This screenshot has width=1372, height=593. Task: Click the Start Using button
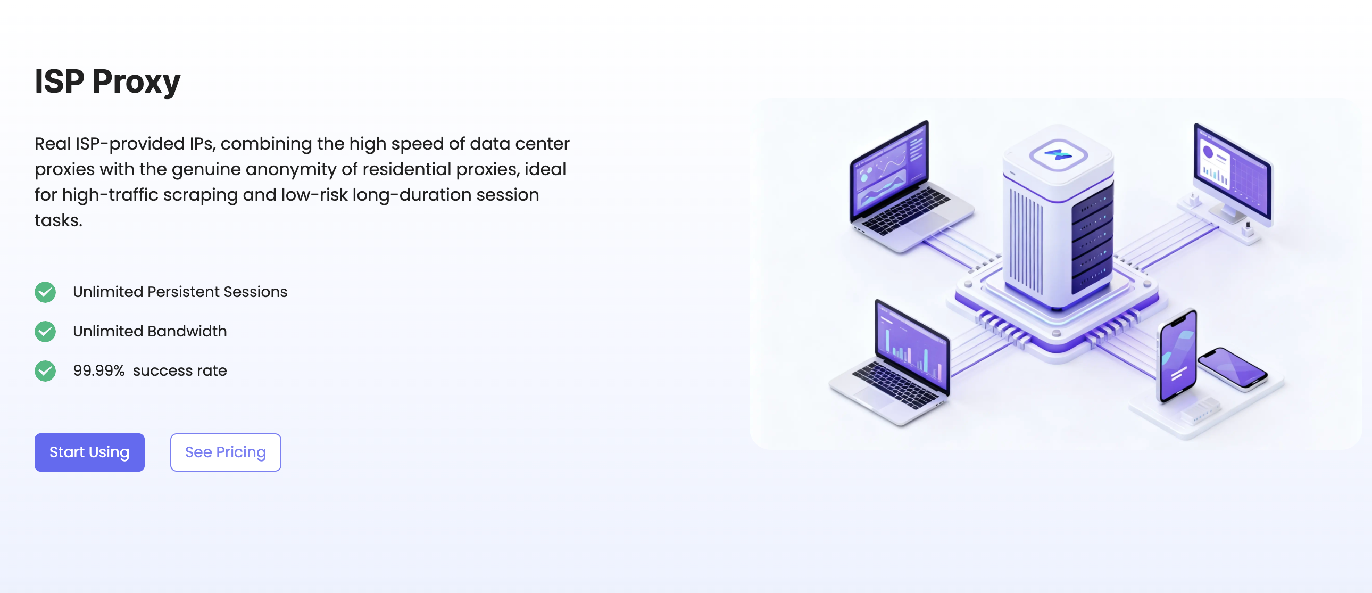89,452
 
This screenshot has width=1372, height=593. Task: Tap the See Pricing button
225,452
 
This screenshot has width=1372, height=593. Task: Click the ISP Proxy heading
107,82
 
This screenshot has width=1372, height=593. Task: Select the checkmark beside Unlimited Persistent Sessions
45,292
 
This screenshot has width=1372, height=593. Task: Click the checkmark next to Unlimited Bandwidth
45,332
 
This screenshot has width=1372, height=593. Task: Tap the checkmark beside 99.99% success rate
45,371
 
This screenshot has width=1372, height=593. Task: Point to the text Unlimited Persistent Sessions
180,292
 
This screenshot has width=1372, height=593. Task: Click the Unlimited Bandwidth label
149,332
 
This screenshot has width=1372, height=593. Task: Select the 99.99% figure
98,370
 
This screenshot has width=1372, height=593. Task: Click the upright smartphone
1178,356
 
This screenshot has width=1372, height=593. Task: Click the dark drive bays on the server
1092,239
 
